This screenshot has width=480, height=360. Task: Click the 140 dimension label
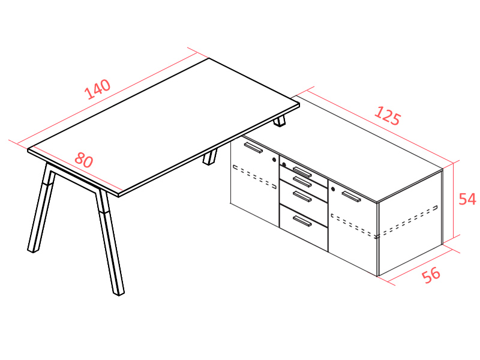pos(97,89)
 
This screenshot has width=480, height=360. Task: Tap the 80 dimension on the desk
pos(84,160)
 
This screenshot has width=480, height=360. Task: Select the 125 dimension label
pos(387,116)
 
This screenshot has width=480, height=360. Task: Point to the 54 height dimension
pos(467,199)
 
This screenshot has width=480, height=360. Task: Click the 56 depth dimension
pos(431,275)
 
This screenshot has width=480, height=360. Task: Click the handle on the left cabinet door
pos(253,147)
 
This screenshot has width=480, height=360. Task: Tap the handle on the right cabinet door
pos(351,197)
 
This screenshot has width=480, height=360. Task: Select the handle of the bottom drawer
pos(302,221)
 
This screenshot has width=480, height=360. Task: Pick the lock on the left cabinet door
pos(274,160)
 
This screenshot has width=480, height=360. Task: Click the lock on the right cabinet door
pos(333,189)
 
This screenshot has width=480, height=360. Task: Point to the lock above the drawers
pos(284,164)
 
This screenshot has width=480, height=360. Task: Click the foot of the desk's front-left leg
pos(33,250)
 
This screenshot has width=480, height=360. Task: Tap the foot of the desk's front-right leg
pos(118,293)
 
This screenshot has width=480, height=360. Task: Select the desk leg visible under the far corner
pos(280,121)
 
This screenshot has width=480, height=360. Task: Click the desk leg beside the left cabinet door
pos(210,157)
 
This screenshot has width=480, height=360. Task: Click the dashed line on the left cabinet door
pos(254,177)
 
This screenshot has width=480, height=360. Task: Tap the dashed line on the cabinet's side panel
pos(407,221)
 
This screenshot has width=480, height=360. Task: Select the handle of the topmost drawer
pos(302,172)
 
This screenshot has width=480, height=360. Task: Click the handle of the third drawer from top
pos(302,196)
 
